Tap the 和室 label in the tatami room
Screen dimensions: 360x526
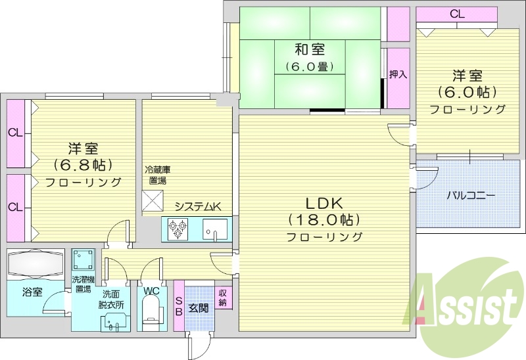pyautogui.click(x=309, y=49)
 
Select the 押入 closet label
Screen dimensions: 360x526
pyautogui.click(x=398, y=74)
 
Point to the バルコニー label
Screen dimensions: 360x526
pyautogui.click(x=471, y=195)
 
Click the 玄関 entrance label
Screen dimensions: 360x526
pyautogui.click(x=199, y=307)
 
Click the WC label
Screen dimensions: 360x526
pyautogui.click(x=151, y=289)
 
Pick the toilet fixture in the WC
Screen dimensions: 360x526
pyautogui.click(x=152, y=312)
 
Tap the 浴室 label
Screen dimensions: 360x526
pyautogui.click(x=32, y=292)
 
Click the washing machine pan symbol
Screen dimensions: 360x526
pyautogui.click(x=83, y=260)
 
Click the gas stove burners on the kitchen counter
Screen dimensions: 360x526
pyautogui.click(x=178, y=229)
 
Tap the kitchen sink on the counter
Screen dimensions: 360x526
pyautogui.click(x=214, y=229)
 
